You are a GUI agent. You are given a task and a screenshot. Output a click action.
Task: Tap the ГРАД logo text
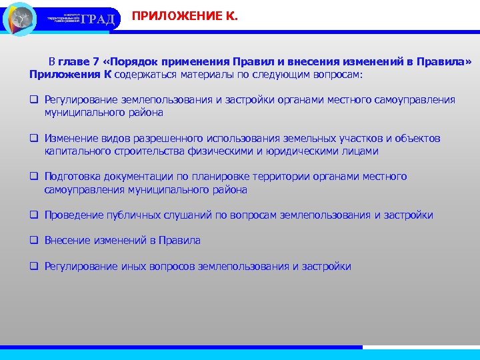point(102,19)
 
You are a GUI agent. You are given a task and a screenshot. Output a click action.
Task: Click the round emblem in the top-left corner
point(20,19)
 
